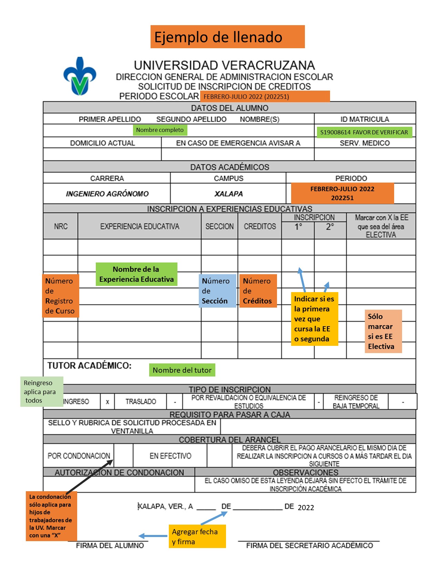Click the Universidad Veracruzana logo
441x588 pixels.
[x=80, y=76]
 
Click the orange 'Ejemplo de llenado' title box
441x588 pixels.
[x=227, y=37]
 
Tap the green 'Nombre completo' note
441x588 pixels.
[x=160, y=130]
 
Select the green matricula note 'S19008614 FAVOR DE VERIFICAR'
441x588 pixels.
[x=364, y=132]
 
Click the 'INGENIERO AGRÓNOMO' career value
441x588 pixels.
[x=107, y=194]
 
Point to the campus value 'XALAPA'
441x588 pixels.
[x=228, y=194]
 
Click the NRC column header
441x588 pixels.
[x=61, y=226]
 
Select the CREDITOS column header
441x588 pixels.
[x=260, y=226]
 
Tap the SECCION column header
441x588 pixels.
[x=219, y=226]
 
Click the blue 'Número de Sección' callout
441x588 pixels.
[x=217, y=291]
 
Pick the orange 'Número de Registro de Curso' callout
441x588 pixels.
[x=60, y=296]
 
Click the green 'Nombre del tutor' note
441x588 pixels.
[x=182, y=370]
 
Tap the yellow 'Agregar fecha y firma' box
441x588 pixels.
[x=197, y=536]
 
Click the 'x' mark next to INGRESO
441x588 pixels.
[x=107, y=402]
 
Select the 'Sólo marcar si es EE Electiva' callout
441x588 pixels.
[x=383, y=331]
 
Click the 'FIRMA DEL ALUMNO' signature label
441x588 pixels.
[x=110, y=546]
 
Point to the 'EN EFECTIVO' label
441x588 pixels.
[x=170, y=456]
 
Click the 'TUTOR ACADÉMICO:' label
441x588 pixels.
[x=90, y=366]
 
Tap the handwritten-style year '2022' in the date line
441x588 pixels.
[x=306, y=507]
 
